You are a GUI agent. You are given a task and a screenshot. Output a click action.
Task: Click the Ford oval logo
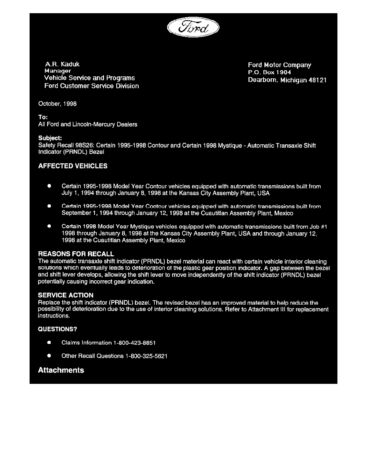194,29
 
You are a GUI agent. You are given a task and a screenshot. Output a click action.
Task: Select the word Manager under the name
58,71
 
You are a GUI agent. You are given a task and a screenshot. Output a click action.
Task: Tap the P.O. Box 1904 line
269,72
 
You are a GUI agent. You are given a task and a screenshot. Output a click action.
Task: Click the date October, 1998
57,104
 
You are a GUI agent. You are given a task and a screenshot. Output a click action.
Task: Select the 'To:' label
43,117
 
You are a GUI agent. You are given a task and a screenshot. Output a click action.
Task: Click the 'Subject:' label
50,138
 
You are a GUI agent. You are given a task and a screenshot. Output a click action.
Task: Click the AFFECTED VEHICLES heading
72,166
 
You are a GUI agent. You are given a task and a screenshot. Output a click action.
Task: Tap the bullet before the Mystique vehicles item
49,226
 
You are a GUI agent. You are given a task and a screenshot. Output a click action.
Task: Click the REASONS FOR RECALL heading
76,254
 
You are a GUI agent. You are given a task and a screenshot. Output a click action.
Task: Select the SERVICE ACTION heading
66,295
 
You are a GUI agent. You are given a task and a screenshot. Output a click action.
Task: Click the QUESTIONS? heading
57,329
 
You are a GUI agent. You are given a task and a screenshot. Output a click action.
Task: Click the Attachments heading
61,370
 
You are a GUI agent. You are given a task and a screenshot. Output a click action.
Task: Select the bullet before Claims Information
49,343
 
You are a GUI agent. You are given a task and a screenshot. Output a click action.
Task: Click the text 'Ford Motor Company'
279,65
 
